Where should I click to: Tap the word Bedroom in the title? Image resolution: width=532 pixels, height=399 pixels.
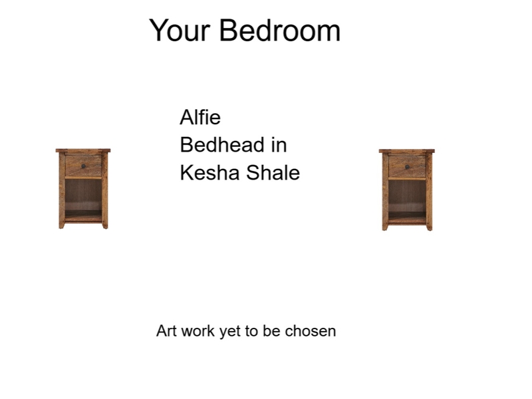pos(280,31)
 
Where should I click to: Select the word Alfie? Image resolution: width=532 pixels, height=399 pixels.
pos(200,118)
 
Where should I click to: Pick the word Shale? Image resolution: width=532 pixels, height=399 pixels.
pos(273,173)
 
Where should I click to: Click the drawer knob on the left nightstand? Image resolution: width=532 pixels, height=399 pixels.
pos(83,166)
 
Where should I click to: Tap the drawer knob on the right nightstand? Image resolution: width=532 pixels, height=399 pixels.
pos(407,166)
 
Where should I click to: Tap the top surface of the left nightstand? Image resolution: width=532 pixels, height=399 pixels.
pos(83,151)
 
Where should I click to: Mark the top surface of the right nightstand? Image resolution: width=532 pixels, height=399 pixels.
pos(407,152)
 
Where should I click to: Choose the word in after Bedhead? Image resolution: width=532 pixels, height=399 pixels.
pos(279,145)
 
